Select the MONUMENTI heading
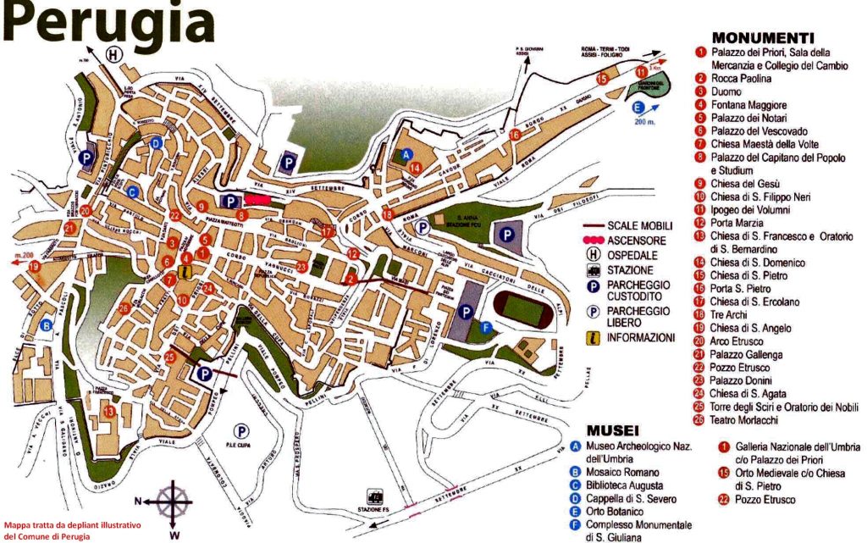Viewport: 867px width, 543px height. pos(763,38)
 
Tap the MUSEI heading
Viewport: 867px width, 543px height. pos(613,430)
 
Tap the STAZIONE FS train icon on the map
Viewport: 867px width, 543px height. pos(372,495)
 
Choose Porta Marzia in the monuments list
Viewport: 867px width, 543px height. pos(733,223)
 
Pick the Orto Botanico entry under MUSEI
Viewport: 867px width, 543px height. pos(612,512)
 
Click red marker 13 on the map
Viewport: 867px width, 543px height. pos(108,412)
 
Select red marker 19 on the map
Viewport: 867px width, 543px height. pos(34,266)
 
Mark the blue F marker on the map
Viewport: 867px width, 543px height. pos(485,327)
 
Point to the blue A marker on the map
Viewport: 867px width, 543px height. pos(407,155)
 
